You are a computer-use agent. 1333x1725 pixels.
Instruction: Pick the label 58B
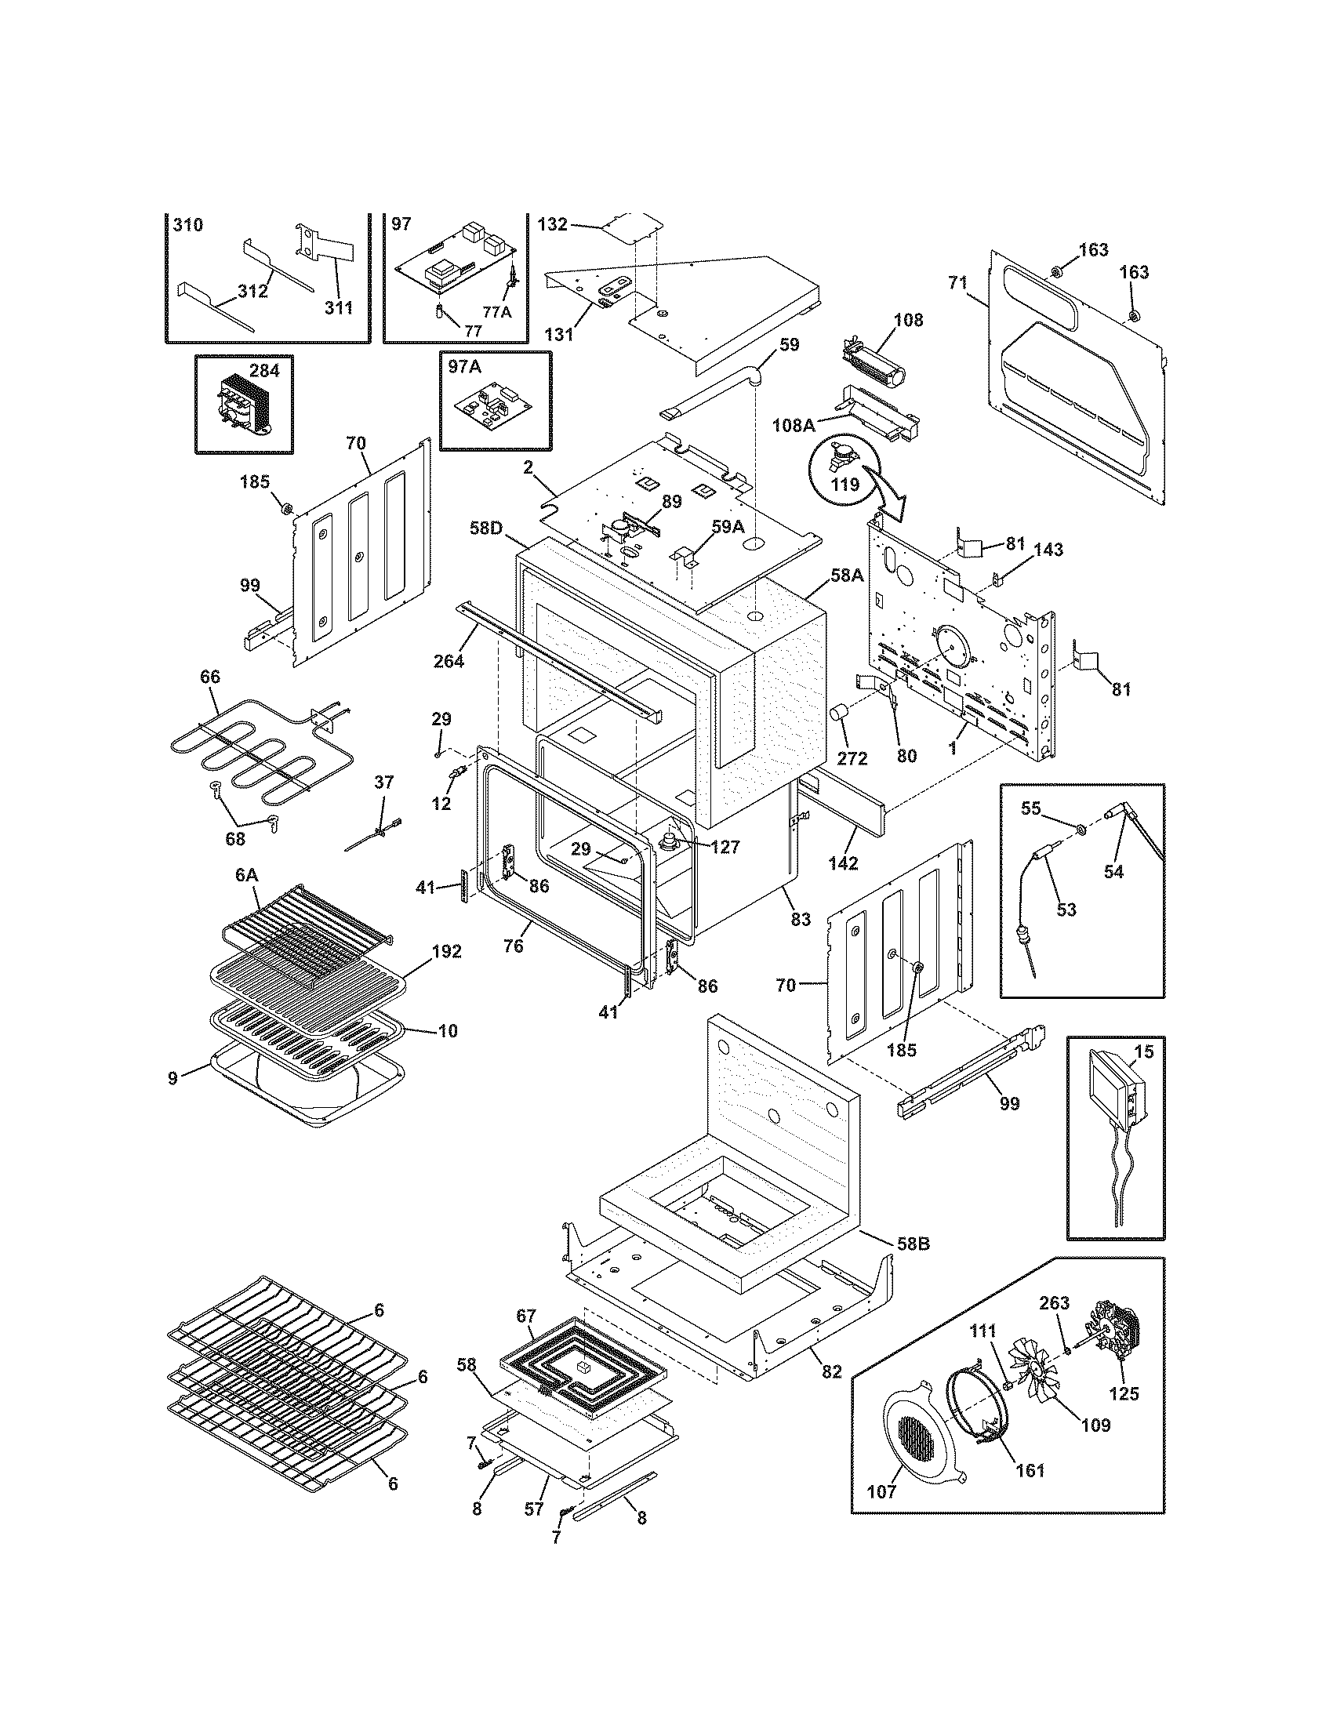[913, 1244]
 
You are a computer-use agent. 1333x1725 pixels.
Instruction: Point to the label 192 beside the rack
[446, 951]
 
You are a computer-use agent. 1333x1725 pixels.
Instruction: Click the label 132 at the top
[552, 224]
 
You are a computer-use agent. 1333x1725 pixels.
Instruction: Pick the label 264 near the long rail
[449, 661]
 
